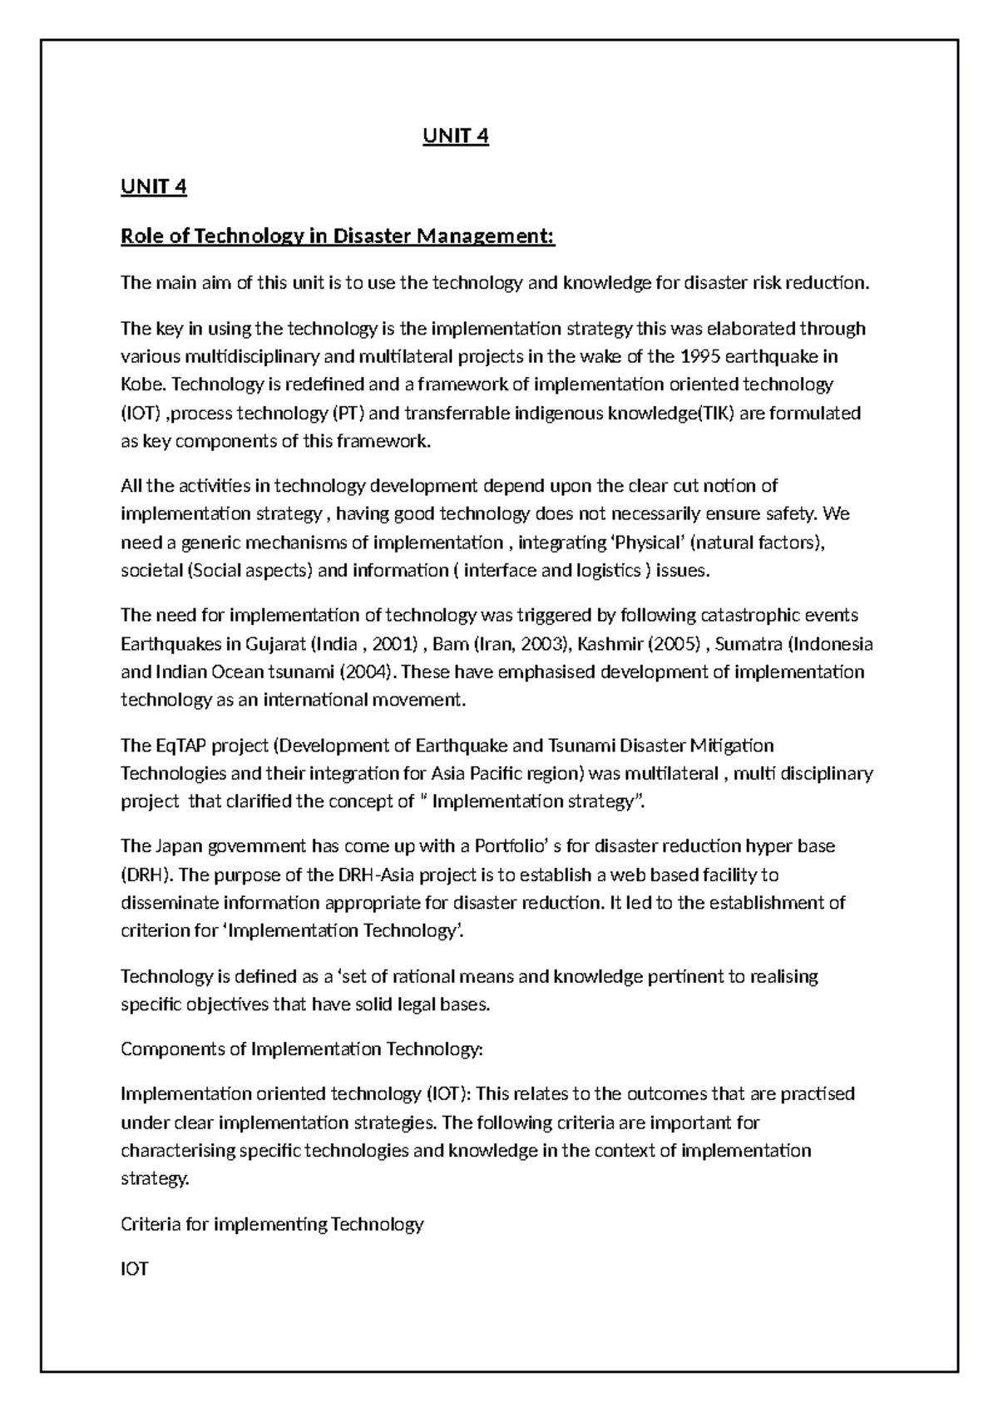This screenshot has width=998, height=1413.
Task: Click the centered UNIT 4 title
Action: pyautogui.click(x=455, y=136)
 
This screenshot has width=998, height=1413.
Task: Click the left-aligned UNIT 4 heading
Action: pyautogui.click(x=154, y=186)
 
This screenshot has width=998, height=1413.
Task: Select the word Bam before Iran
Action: pyautogui.click(x=450, y=643)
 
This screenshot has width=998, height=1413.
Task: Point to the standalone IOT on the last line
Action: pyautogui.click(x=135, y=1269)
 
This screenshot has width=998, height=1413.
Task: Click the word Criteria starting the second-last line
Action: pyautogui.click(x=148, y=1224)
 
